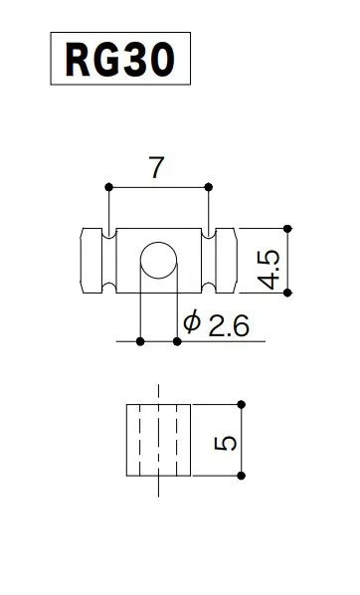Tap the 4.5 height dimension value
pos(270,270)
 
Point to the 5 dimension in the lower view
pos(227,442)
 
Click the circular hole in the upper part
pos(157,261)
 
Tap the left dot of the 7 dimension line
pos(108,186)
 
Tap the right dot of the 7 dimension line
pos(210,186)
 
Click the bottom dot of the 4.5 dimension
pos(288,293)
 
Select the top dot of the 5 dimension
pos(241,404)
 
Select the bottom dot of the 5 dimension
pos(241,479)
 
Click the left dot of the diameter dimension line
pos(140,341)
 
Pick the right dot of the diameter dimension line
pos(177,341)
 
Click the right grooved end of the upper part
pos(223,261)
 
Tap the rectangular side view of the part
pos(158,441)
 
